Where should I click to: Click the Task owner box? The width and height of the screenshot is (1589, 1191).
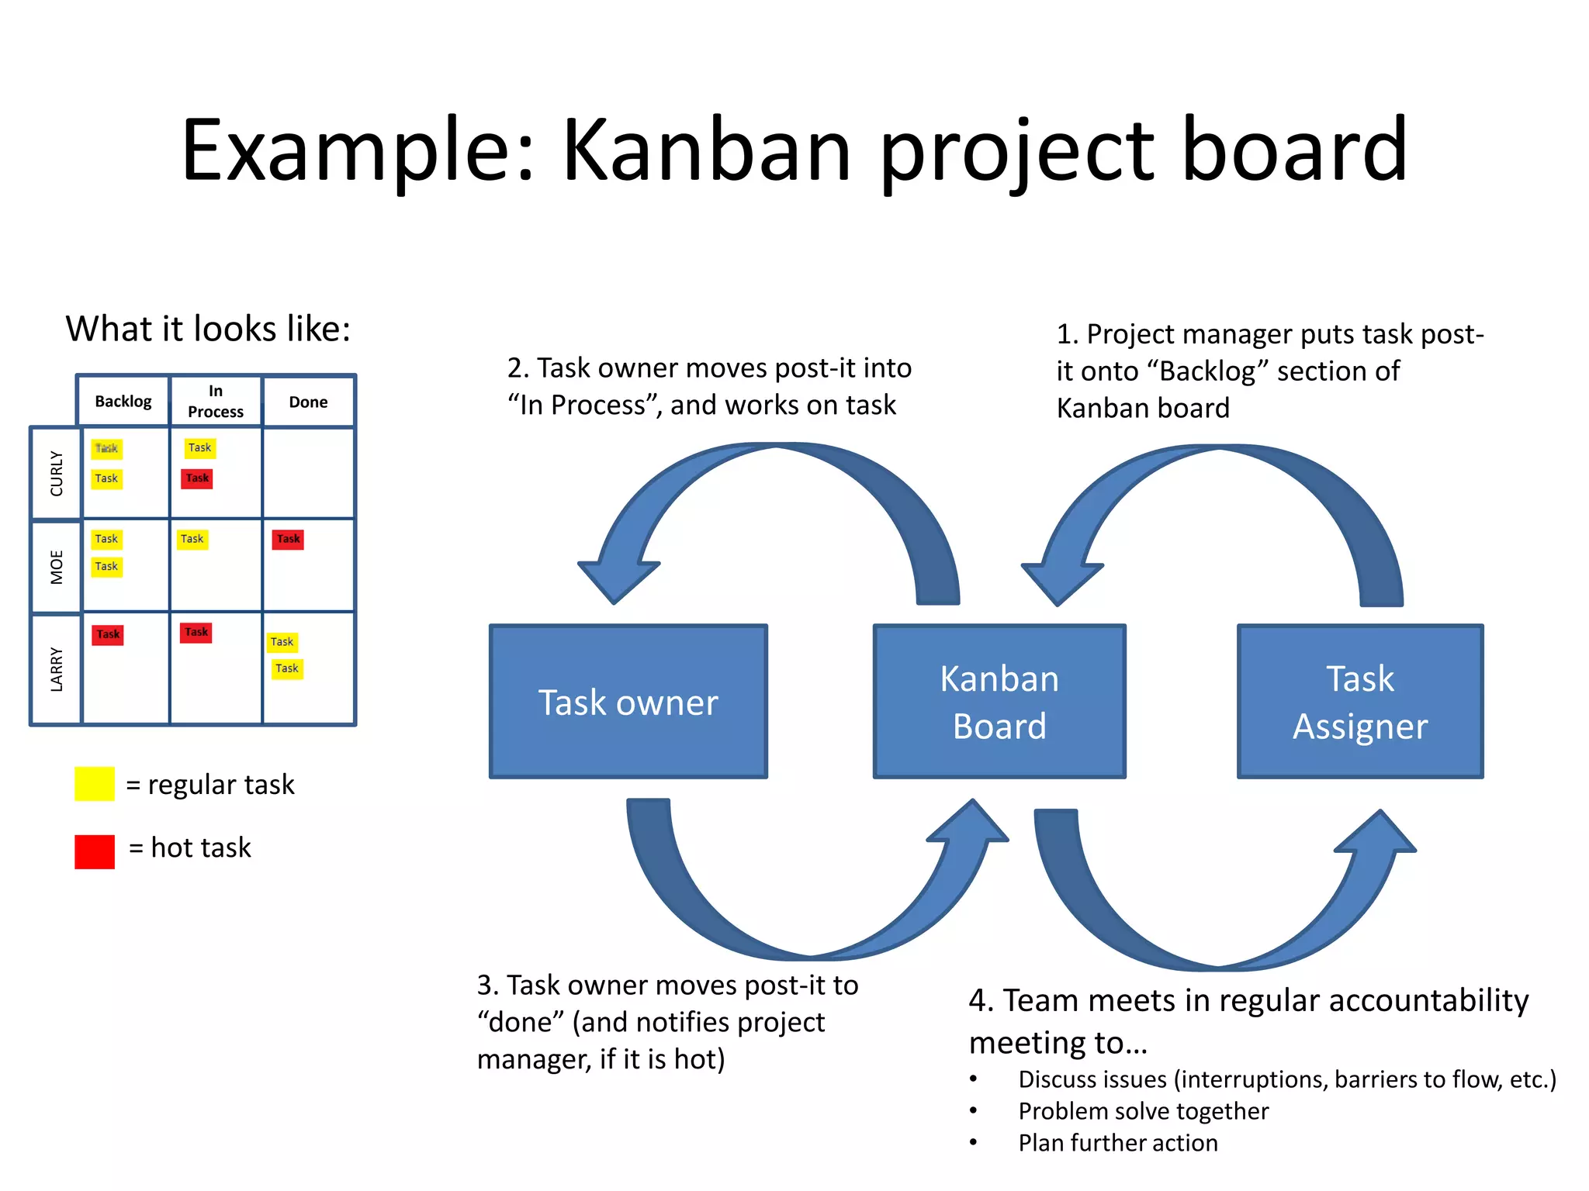628,702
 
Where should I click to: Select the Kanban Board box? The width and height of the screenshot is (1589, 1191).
999,702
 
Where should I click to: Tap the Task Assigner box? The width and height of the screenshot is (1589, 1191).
1360,702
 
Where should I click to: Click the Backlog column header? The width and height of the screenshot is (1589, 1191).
123,402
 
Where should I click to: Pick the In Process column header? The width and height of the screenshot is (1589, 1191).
216,402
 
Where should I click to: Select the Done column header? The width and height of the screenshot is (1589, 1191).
308,402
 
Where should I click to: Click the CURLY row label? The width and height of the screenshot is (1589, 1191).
57,473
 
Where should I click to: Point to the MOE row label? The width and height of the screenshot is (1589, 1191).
57,567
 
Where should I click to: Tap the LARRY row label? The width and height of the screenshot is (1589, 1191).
57,668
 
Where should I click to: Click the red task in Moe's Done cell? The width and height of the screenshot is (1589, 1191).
288,539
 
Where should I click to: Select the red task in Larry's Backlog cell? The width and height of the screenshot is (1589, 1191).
108,634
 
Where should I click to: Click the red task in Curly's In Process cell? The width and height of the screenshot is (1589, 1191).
197,478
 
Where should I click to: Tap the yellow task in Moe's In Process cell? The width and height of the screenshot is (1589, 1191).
192,539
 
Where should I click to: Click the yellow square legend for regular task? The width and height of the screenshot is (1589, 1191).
95,784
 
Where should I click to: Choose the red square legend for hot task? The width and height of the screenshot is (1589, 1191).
95,851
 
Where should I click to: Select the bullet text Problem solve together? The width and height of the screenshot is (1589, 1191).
1143,1111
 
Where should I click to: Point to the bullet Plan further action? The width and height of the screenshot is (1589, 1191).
1117,1143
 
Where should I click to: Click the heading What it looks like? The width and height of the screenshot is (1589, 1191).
208,329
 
